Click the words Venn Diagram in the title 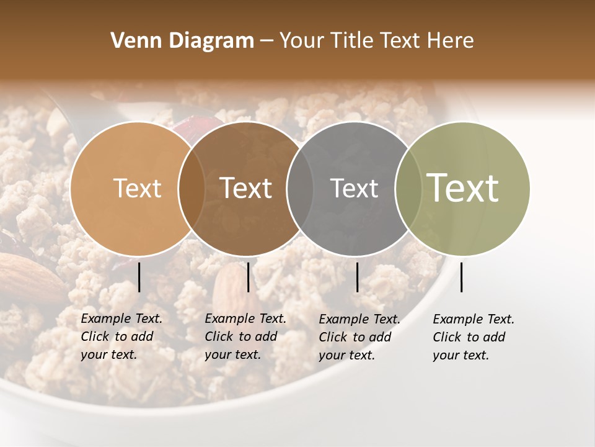[182, 41]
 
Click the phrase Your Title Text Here [376, 41]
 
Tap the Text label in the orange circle [137, 188]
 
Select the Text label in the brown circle [245, 188]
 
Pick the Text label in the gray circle [354, 188]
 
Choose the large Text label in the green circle [462, 187]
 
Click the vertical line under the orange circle [139, 277]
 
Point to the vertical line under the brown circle [248, 277]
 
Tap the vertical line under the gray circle [357, 277]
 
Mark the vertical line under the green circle [462, 277]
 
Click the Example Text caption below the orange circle [121, 336]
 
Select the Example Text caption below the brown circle [245, 336]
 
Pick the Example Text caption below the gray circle [359, 337]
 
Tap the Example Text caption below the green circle [473, 337]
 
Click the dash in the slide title [267, 41]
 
